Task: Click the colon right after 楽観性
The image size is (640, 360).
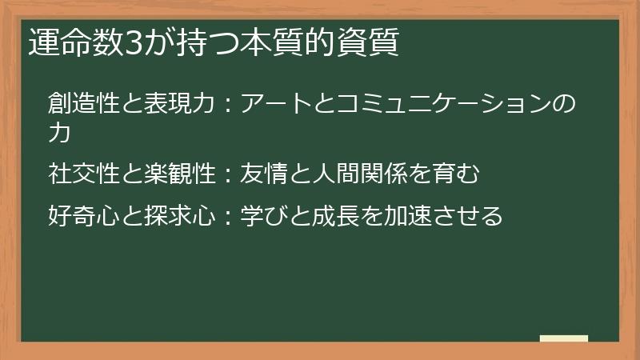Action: pos(228,174)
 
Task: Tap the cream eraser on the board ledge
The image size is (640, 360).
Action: pos(564,339)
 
